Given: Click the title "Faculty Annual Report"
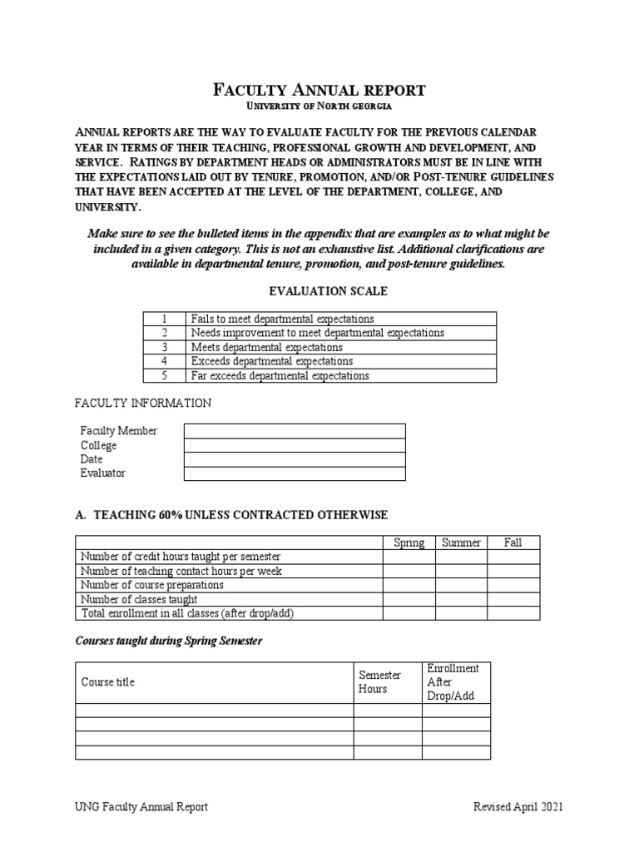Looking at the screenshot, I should tap(320, 90).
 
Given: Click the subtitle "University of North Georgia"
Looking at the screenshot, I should tap(320, 107).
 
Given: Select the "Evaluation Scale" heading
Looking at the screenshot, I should tap(319, 291).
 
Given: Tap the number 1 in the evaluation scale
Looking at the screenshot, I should tap(165, 319).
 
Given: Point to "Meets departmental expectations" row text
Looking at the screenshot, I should tap(266, 347).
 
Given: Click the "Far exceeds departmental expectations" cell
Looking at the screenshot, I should tap(280, 375).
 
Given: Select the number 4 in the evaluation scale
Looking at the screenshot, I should tap(165, 361).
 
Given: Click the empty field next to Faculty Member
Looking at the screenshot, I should tap(295, 430).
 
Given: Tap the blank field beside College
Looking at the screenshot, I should tap(295, 445).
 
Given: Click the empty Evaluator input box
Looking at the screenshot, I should tap(295, 473).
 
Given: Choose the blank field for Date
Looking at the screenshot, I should tap(295, 459).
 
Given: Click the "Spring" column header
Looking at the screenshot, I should tap(409, 542).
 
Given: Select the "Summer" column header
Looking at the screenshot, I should tap(461, 542).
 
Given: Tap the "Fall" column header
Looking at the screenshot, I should tap(513, 542).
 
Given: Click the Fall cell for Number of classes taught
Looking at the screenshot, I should tap(513, 599).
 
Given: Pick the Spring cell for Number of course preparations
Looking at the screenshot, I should tap(409, 585).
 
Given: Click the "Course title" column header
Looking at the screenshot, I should tap(108, 682).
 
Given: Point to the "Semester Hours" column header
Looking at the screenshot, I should tap(379, 682).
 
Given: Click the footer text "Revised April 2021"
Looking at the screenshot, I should tap(518, 806).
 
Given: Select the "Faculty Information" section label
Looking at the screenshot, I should tap(143, 403).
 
